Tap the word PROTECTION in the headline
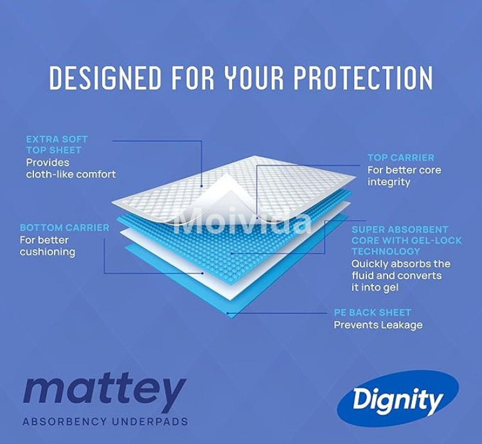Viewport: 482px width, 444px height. pyautogui.click(x=363, y=78)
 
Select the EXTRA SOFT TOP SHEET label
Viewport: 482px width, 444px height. pyautogui.click(x=57, y=145)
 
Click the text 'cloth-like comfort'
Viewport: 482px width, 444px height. pyautogui.click(x=71, y=174)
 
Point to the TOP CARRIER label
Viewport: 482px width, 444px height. pyautogui.click(x=401, y=158)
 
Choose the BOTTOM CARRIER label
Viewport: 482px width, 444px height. pyautogui.click(x=64, y=228)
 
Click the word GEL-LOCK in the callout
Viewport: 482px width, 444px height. pyautogui.click(x=425, y=240)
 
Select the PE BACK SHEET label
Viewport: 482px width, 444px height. pyautogui.click(x=372, y=313)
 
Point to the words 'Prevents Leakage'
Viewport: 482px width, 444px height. pyautogui.click(x=378, y=325)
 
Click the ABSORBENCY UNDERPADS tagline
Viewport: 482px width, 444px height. pyautogui.click(x=105, y=422)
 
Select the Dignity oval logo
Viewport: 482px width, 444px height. pyautogui.click(x=398, y=400)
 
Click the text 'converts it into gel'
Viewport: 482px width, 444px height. pyautogui.click(x=396, y=282)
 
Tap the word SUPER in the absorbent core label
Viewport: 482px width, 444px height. pyautogui.click(x=368, y=229)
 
